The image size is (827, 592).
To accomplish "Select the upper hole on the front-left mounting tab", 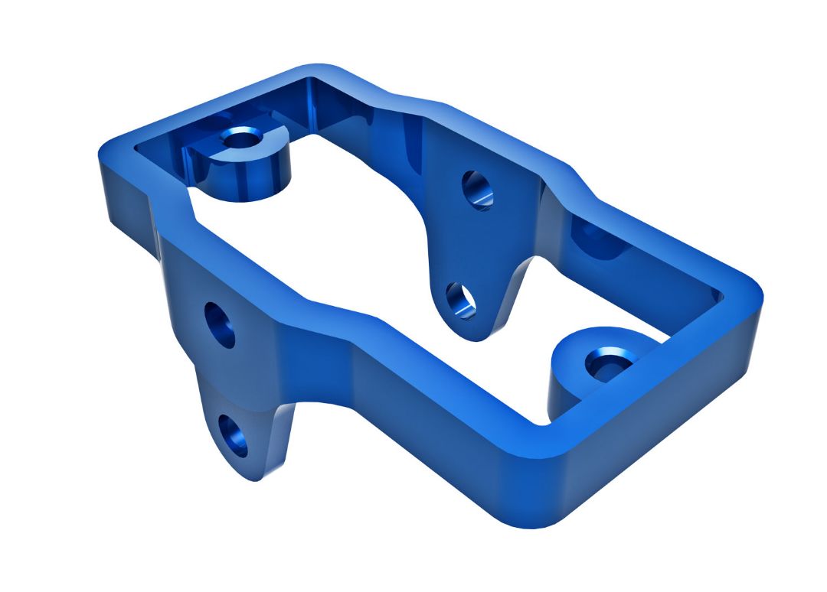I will click(220, 325).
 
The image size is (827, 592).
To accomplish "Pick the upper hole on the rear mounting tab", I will click(477, 190).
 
